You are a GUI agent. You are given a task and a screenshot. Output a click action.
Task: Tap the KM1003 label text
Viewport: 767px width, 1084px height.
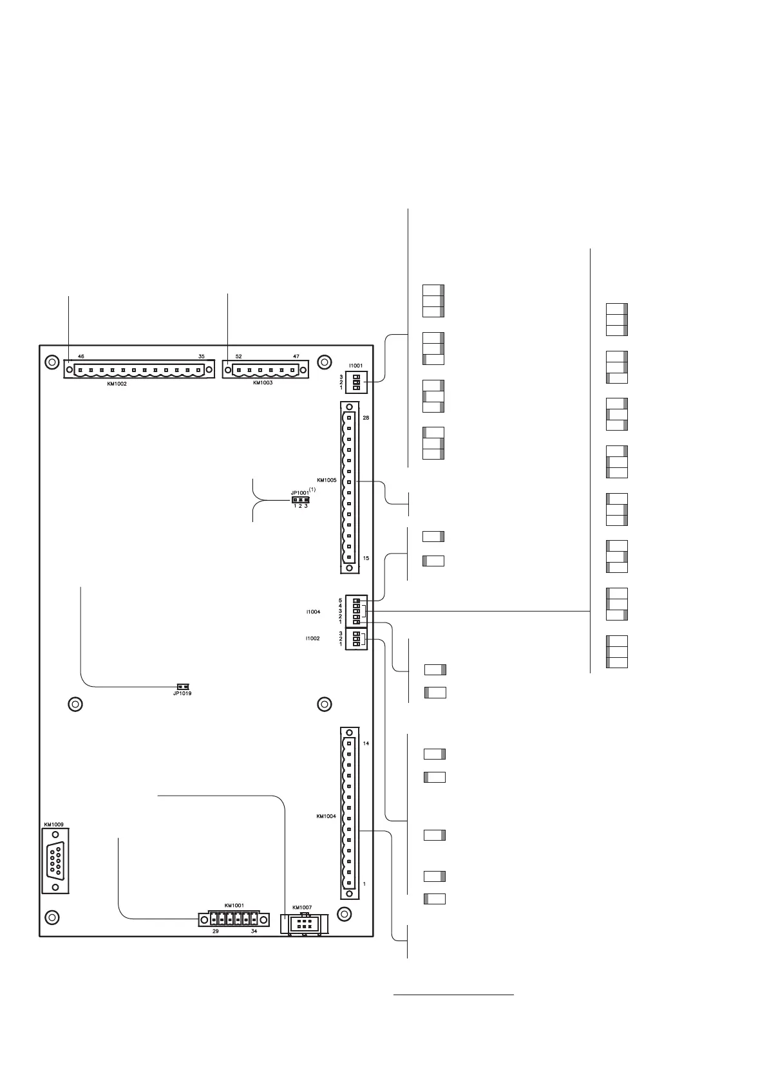click(x=263, y=382)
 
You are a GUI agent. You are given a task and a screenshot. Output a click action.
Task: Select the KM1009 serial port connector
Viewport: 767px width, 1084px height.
click(x=55, y=859)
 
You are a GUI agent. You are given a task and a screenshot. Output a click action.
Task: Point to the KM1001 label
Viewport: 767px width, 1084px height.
click(x=234, y=906)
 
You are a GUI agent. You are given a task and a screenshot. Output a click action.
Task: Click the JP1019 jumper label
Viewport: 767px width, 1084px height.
click(x=182, y=693)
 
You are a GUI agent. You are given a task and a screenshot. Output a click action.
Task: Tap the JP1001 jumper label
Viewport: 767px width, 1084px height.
click(x=299, y=492)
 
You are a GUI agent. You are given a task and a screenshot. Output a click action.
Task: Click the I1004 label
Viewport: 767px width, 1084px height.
click(x=314, y=612)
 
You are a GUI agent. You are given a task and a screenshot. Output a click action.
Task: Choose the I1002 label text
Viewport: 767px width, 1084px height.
click(x=314, y=639)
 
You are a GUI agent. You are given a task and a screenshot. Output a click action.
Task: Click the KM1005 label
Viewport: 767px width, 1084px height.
click(x=326, y=480)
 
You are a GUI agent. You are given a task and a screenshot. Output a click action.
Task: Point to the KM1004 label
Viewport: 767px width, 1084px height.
click(x=325, y=816)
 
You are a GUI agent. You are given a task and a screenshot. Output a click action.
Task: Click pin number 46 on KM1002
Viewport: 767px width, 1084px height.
click(x=81, y=356)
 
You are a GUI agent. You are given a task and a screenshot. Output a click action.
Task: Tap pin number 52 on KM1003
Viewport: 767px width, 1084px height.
click(x=239, y=356)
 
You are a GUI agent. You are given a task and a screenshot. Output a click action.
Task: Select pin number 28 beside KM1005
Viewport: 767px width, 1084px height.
click(x=366, y=418)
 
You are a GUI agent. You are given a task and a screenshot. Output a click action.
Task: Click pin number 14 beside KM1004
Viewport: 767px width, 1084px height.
click(x=366, y=743)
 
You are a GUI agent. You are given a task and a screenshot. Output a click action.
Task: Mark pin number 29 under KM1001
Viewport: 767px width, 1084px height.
click(x=216, y=931)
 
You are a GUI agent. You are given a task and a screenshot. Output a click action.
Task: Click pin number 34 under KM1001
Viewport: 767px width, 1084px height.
click(x=254, y=931)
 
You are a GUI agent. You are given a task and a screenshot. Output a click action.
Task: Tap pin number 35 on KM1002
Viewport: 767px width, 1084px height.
click(x=201, y=356)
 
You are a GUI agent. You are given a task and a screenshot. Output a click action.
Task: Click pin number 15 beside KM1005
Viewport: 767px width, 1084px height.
click(x=366, y=558)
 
